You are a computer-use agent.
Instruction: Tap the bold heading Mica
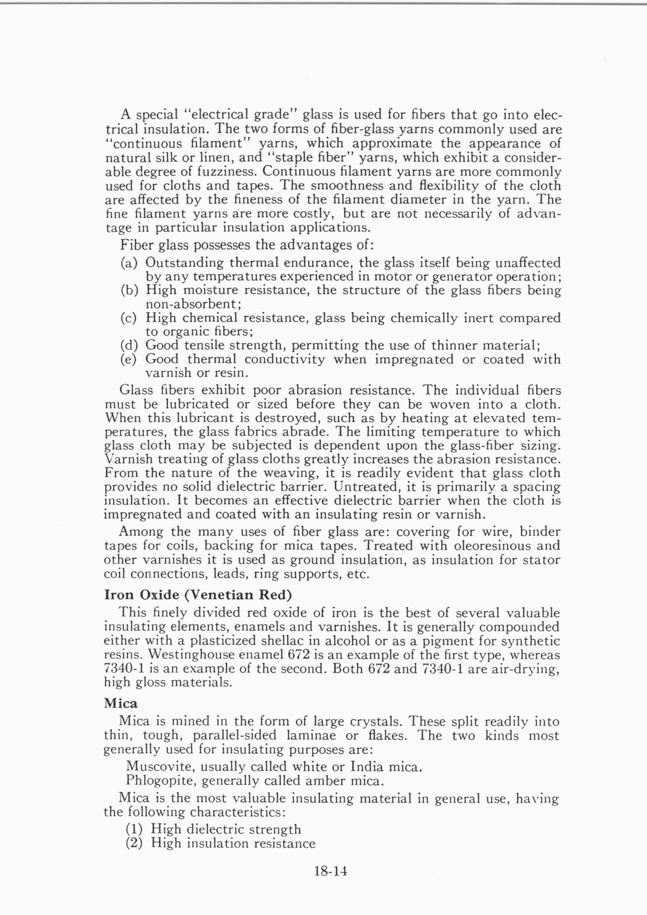(121, 704)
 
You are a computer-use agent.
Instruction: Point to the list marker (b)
(129, 291)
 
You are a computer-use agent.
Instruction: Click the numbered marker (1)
(135, 829)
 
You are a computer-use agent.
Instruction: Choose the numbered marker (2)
(135, 843)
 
